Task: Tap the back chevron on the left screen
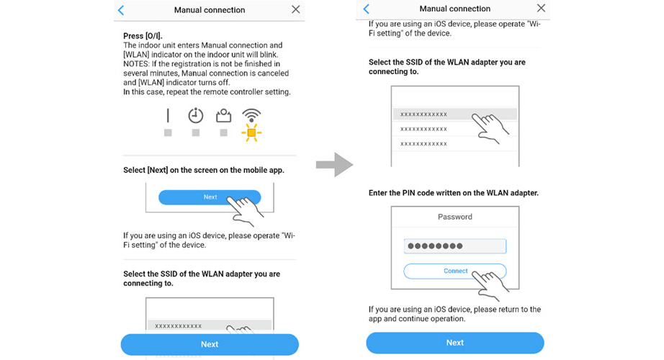click(121, 10)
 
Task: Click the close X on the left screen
click(295, 9)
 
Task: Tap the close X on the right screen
click(541, 9)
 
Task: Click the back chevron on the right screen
click(366, 9)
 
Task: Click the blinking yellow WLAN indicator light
click(251, 132)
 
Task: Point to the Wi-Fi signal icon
click(251, 115)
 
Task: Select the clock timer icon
click(196, 115)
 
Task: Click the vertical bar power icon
click(168, 116)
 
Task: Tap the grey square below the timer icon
click(196, 133)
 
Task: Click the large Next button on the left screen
click(210, 344)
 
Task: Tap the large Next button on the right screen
click(455, 343)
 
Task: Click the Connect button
click(455, 271)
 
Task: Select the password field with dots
click(455, 246)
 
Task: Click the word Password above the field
click(455, 217)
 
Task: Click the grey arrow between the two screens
click(334, 164)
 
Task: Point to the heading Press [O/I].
click(143, 36)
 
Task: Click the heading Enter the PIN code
click(454, 193)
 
